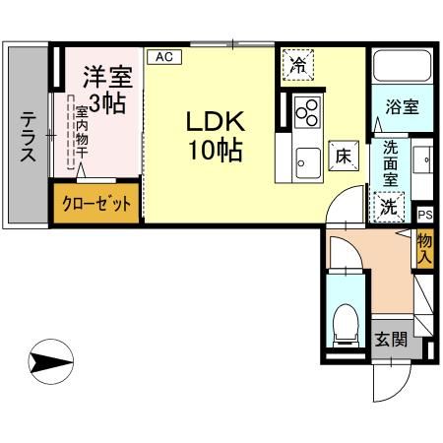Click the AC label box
pos(164,57)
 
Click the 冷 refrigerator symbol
pos(296,66)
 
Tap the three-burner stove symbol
pos(307,110)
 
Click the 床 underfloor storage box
pos(343,155)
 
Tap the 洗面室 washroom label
pos(391,165)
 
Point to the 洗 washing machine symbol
pos(391,206)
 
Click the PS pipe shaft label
pos(424,214)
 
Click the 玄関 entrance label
pos(391,340)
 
